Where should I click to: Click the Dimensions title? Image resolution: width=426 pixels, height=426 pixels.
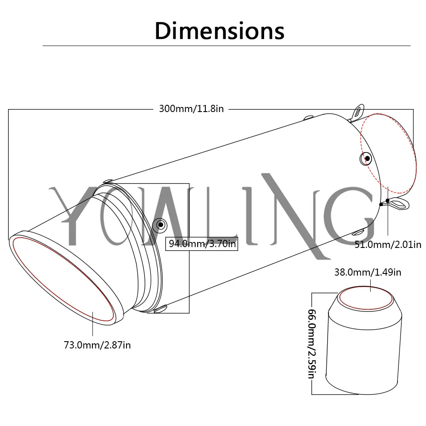click(x=219, y=31)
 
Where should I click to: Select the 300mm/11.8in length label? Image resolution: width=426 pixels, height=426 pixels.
click(x=191, y=109)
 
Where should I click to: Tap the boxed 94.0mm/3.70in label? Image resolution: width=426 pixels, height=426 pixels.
click(x=201, y=244)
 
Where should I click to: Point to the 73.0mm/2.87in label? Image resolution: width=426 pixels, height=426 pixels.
click(x=97, y=345)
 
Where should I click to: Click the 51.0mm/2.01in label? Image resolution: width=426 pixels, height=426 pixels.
click(x=388, y=245)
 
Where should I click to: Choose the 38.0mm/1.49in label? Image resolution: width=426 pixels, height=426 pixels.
click(x=368, y=272)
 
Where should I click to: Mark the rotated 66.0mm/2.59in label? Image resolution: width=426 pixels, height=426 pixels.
click(x=312, y=344)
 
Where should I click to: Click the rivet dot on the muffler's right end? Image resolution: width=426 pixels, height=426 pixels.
click(x=367, y=158)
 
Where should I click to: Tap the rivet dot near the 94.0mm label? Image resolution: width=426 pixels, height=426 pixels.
click(x=161, y=225)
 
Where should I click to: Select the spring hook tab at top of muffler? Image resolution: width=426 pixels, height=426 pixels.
click(x=357, y=112)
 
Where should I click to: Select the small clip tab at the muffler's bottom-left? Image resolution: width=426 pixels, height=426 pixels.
click(x=161, y=309)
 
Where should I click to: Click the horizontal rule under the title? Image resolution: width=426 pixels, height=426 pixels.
click(x=227, y=46)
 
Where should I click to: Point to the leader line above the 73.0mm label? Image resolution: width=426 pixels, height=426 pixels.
click(x=92, y=324)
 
